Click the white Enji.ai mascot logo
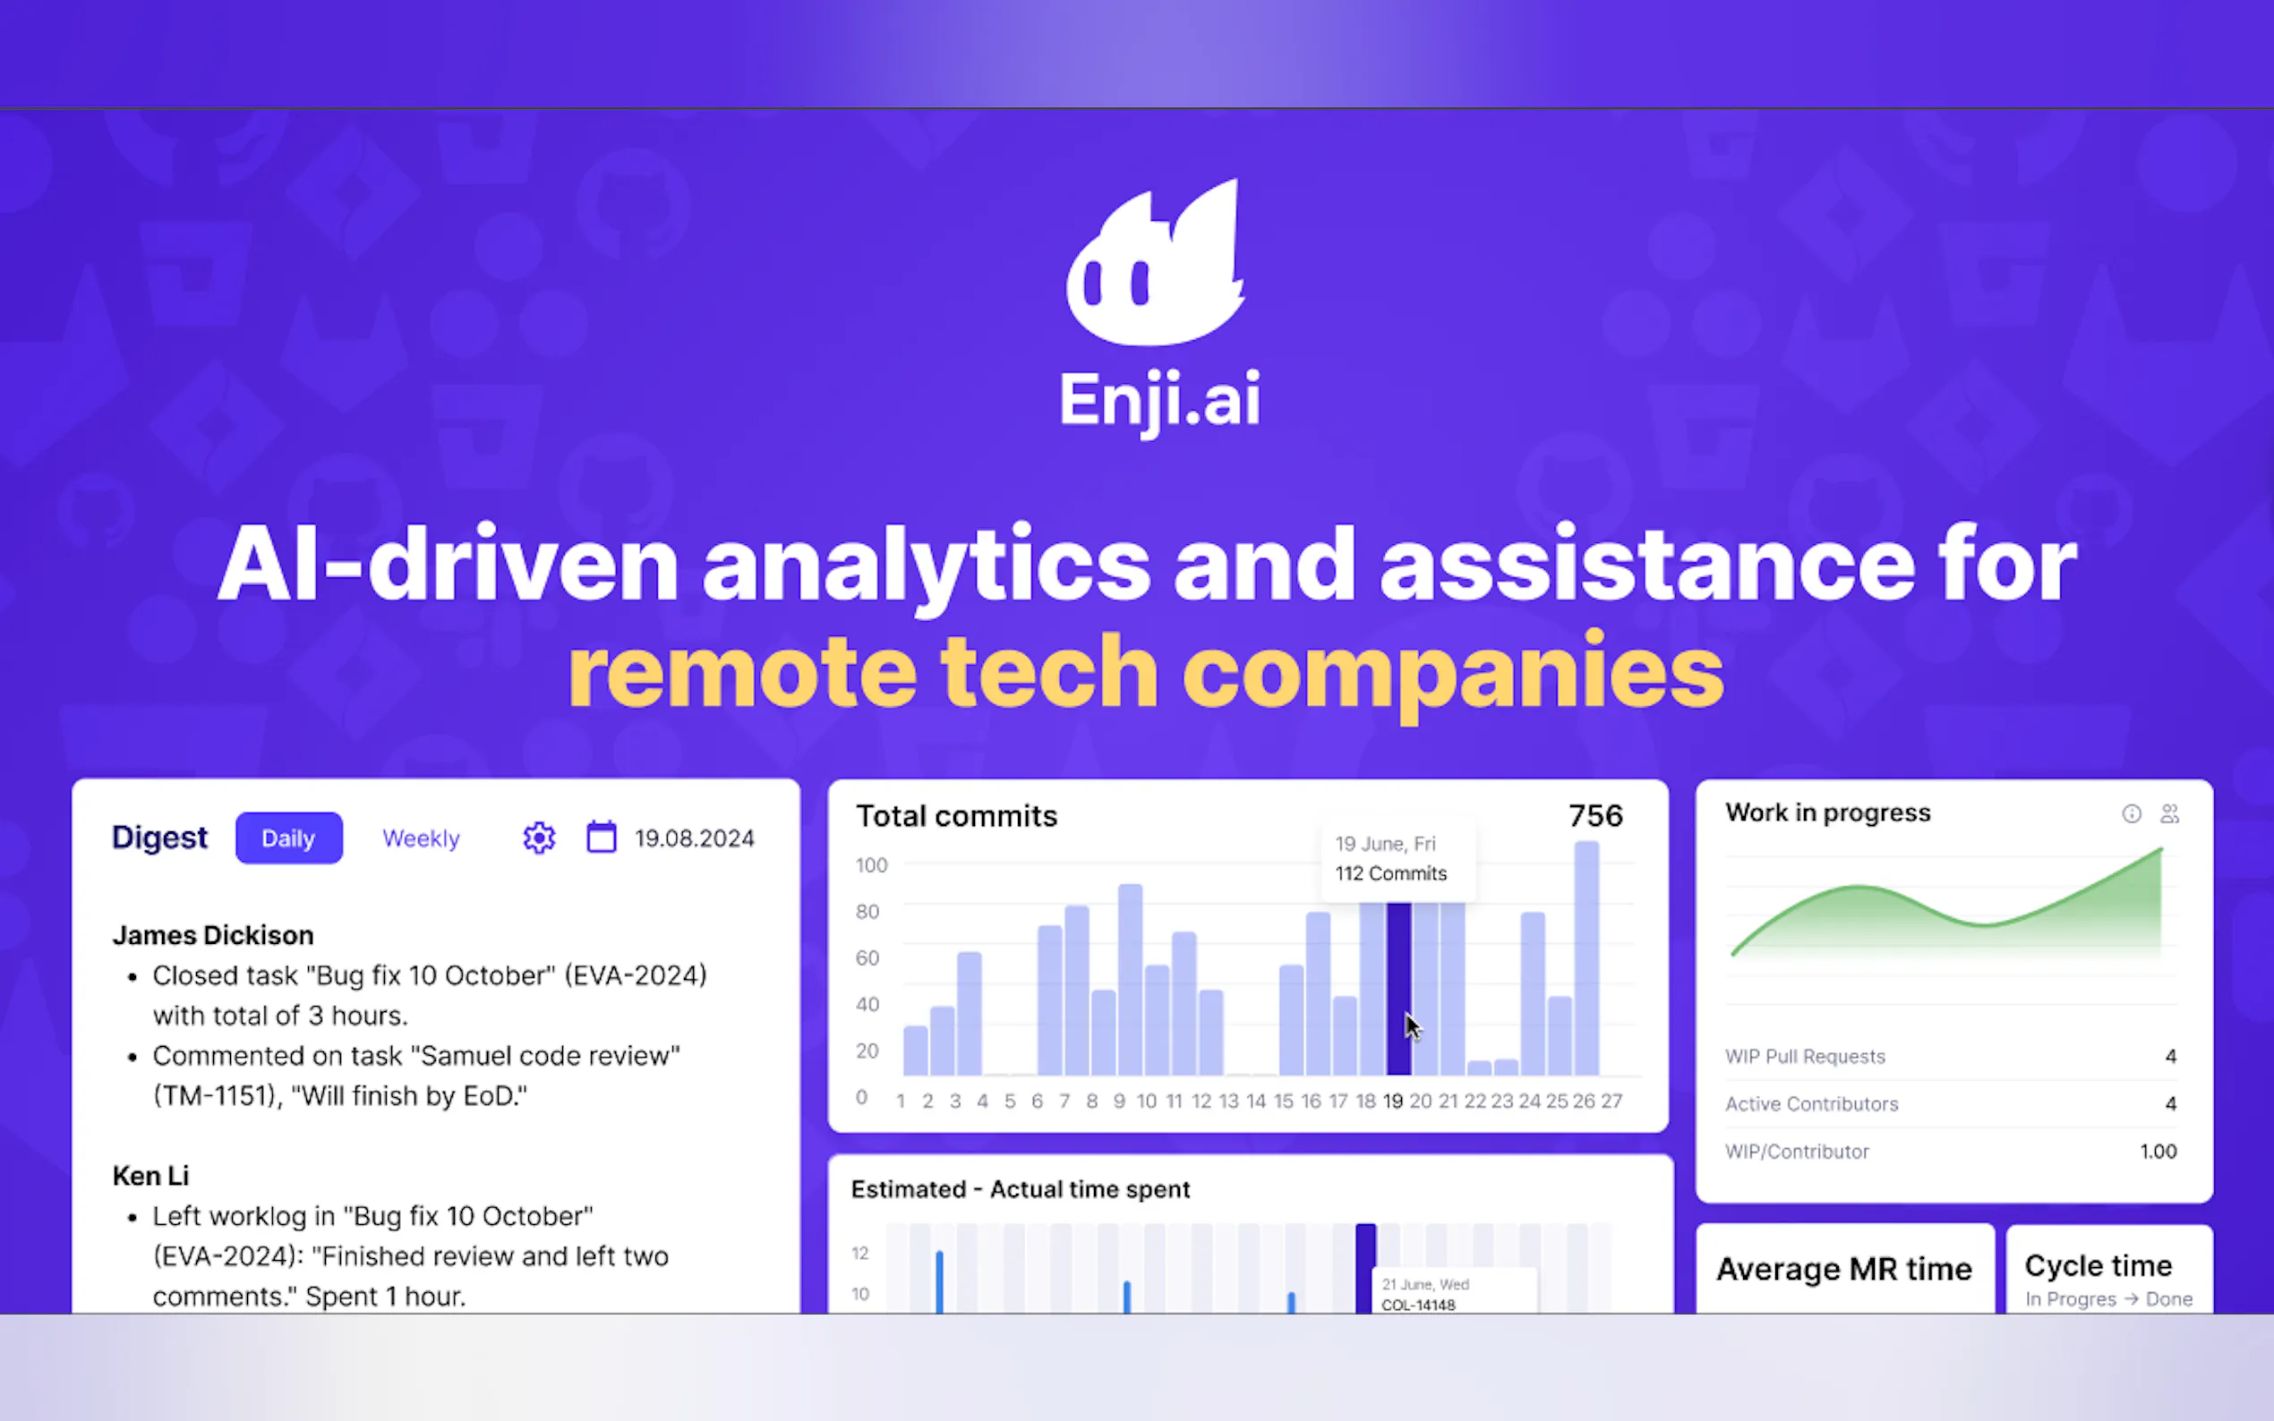tap(1155, 263)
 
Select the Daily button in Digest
tap(288, 838)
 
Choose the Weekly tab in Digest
tap(421, 838)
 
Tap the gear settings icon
tap(540, 838)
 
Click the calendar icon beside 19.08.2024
tap(602, 837)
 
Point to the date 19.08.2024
tap(695, 838)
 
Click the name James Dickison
tap(213, 935)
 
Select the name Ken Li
tap(151, 1176)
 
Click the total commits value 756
tap(1595, 816)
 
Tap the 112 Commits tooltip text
tap(1391, 874)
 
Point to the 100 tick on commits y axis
tap(871, 864)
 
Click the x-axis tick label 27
tap(1612, 1101)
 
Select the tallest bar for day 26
tap(1586, 957)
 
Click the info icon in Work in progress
tap(2132, 814)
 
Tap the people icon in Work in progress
tap(2169, 814)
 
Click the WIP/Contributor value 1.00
tap(2159, 1152)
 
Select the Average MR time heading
tap(1844, 1269)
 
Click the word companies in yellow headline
tap(1453, 674)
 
